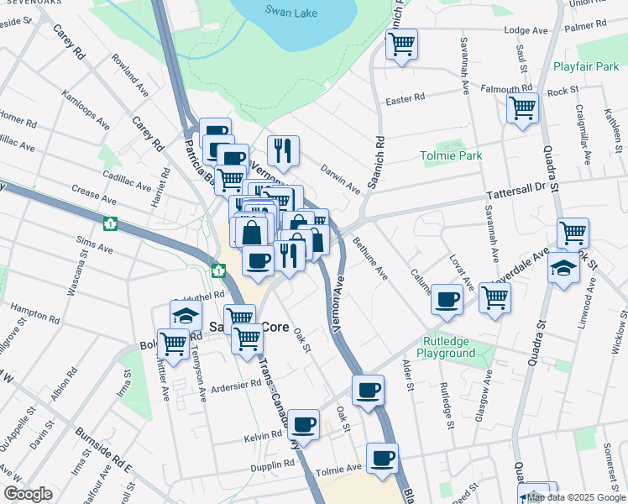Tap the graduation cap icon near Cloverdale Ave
(x=563, y=269)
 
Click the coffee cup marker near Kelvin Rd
(x=303, y=423)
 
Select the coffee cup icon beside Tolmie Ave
(x=382, y=459)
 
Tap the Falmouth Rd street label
(x=506, y=88)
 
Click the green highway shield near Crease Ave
(x=109, y=224)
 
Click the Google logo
(x=28, y=494)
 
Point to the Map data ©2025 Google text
(x=576, y=497)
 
